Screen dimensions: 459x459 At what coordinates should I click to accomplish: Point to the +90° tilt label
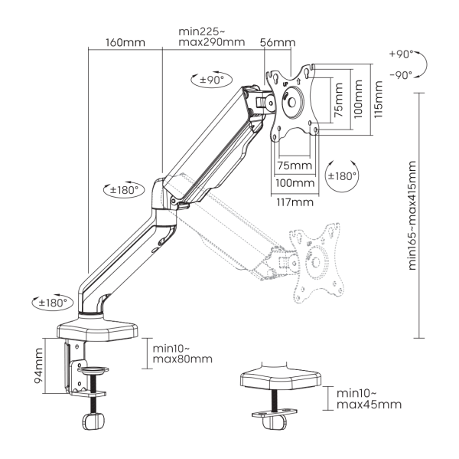point(399,57)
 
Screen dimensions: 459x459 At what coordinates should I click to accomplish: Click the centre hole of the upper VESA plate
point(292,100)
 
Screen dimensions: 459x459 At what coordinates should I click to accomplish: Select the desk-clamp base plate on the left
point(97,330)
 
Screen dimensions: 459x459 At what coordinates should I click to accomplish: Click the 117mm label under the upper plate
point(293,202)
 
